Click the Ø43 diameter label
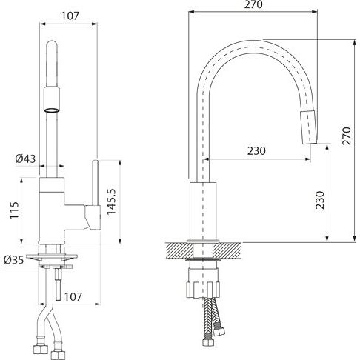[x=25, y=159]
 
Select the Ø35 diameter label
[x=14, y=260]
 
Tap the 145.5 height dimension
[x=111, y=201]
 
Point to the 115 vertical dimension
[x=14, y=210]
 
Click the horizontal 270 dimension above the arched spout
[x=253, y=4]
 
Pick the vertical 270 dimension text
[x=347, y=136]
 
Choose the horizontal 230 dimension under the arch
[x=256, y=150]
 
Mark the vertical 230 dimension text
[x=319, y=200]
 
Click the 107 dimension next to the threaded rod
[x=73, y=297]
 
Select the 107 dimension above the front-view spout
[x=70, y=16]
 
